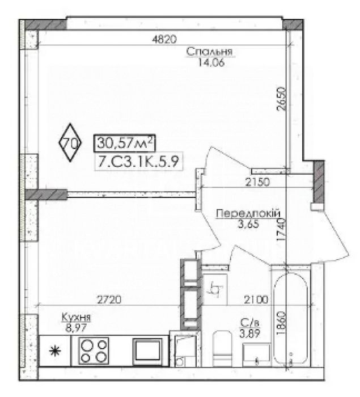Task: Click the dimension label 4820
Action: [164, 39]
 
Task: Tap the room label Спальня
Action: [209, 52]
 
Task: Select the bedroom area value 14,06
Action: [211, 62]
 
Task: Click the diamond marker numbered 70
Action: [70, 142]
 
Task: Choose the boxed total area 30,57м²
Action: [124, 143]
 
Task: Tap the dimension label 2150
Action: [258, 182]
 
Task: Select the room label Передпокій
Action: [248, 213]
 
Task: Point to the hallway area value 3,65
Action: [248, 224]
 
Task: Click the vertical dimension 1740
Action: [281, 230]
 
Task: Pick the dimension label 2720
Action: [109, 299]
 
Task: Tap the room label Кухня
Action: [76, 317]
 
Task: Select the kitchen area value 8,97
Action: [76, 328]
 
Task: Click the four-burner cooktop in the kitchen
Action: [94, 350]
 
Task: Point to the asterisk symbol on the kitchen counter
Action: [55, 351]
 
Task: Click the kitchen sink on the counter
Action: [147, 352]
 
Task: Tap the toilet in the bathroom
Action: [222, 348]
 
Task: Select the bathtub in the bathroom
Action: [291, 318]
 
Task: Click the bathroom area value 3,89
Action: [250, 333]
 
